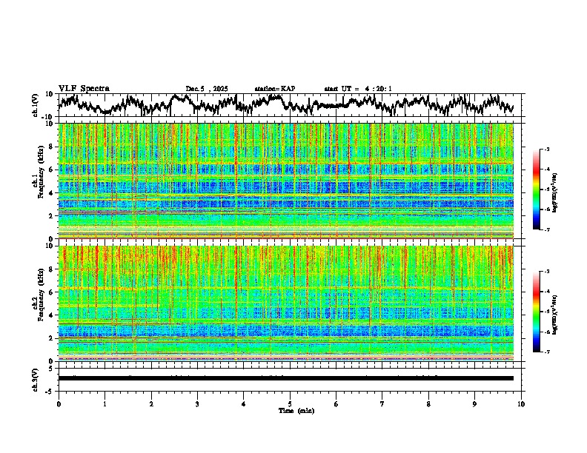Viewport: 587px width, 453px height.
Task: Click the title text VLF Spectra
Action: click(x=84, y=88)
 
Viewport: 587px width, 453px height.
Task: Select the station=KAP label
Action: click(x=274, y=89)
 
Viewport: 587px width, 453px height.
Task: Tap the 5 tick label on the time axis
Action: click(x=290, y=403)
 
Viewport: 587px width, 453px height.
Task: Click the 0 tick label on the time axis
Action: click(x=59, y=403)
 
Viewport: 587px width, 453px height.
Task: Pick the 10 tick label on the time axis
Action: click(x=521, y=403)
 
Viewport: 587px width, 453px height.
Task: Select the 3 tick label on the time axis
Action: click(x=197, y=403)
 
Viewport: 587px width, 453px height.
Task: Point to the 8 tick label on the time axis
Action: click(x=428, y=403)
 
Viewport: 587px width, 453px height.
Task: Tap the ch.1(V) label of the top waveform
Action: click(x=36, y=105)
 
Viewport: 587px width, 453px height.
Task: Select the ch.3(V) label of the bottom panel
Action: click(x=36, y=377)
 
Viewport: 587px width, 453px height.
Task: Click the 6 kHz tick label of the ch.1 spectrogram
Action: click(x=52, y=170)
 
